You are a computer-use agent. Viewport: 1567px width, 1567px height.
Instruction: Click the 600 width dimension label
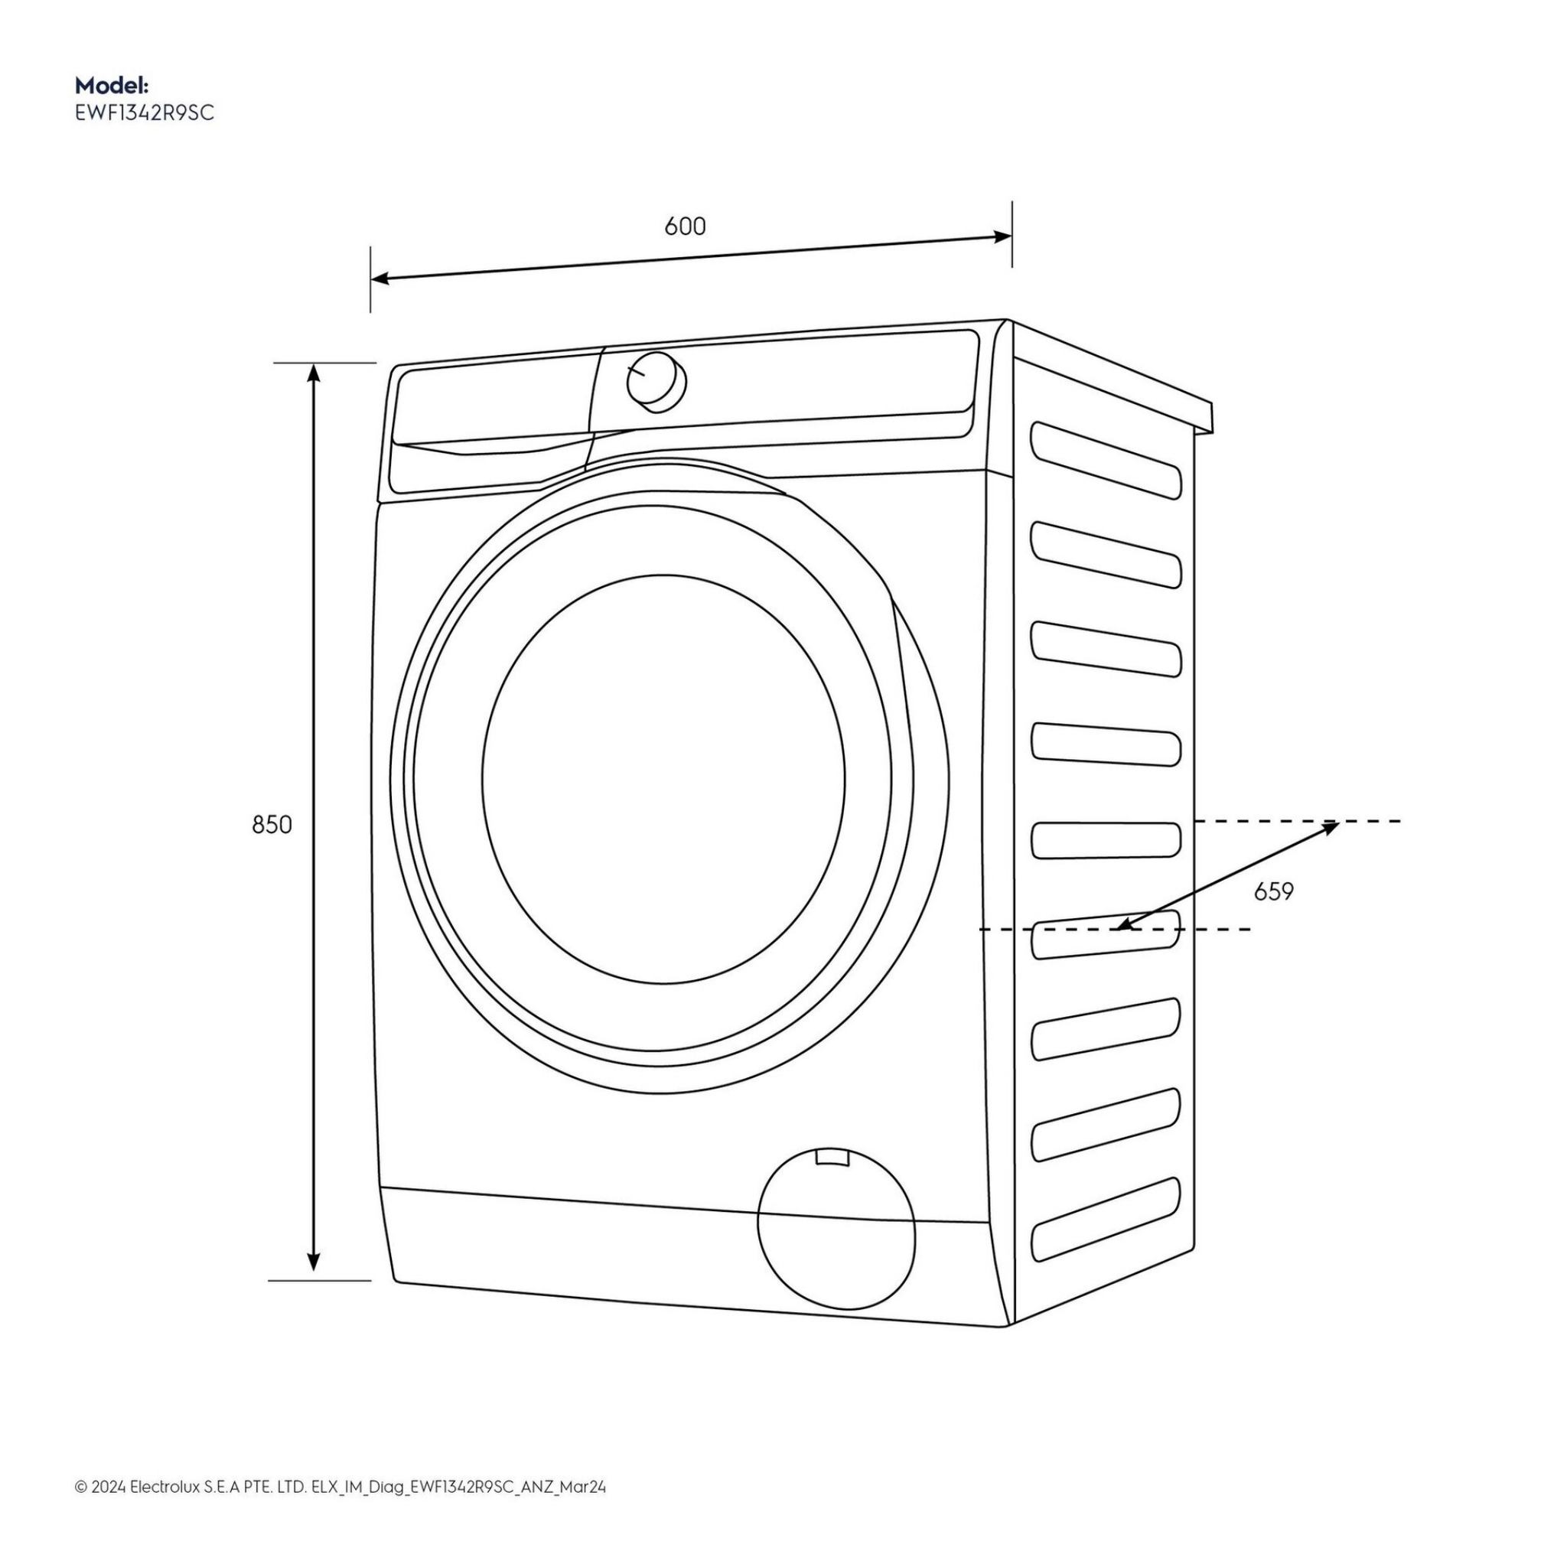point(685,226)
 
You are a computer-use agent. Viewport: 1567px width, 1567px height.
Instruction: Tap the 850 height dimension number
point(272,825)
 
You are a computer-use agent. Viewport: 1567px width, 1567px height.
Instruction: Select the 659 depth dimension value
point(1273,891)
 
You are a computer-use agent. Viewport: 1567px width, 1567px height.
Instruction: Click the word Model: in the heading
point(111,85)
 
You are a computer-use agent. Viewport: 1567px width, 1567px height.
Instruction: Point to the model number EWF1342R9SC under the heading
point(145,112)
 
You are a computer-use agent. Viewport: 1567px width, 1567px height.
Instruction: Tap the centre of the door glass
point(663,779)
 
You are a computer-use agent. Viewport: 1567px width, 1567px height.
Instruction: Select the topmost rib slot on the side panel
point(1106,459)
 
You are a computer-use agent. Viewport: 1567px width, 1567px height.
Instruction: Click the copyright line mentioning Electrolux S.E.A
point(340,1464)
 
